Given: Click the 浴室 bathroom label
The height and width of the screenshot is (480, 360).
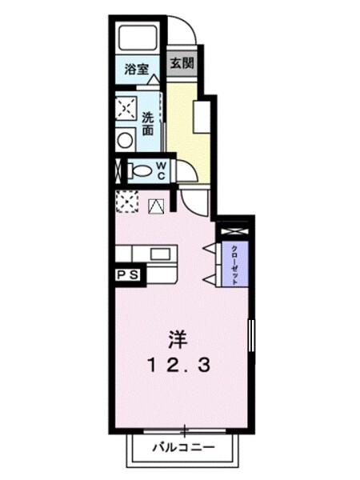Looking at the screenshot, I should [137, 69].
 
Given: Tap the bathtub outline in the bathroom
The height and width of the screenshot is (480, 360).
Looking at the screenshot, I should [138, 37].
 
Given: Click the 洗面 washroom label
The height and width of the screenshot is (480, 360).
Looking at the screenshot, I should [148, 124].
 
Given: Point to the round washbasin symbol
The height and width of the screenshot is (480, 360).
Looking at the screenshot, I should [125, 140].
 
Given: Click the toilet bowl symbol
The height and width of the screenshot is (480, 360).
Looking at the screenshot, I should [141, 170].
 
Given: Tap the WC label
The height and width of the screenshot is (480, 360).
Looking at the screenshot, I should [160, 170].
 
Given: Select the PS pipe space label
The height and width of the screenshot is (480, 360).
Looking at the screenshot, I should [128, 274].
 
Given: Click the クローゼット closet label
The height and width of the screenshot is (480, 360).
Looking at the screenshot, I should [235, 262].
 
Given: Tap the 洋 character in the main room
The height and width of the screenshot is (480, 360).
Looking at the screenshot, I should [178, 339].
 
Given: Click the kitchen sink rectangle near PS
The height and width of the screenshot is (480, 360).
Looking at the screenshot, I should [159, 255].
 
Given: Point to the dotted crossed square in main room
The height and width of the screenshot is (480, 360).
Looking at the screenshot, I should [126, 203].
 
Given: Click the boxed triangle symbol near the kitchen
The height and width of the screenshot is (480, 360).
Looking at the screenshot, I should [156, 206].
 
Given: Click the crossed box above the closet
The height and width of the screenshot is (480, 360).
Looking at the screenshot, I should [235, 229].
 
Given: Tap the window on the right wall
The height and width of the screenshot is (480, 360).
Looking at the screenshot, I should [250, 338].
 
